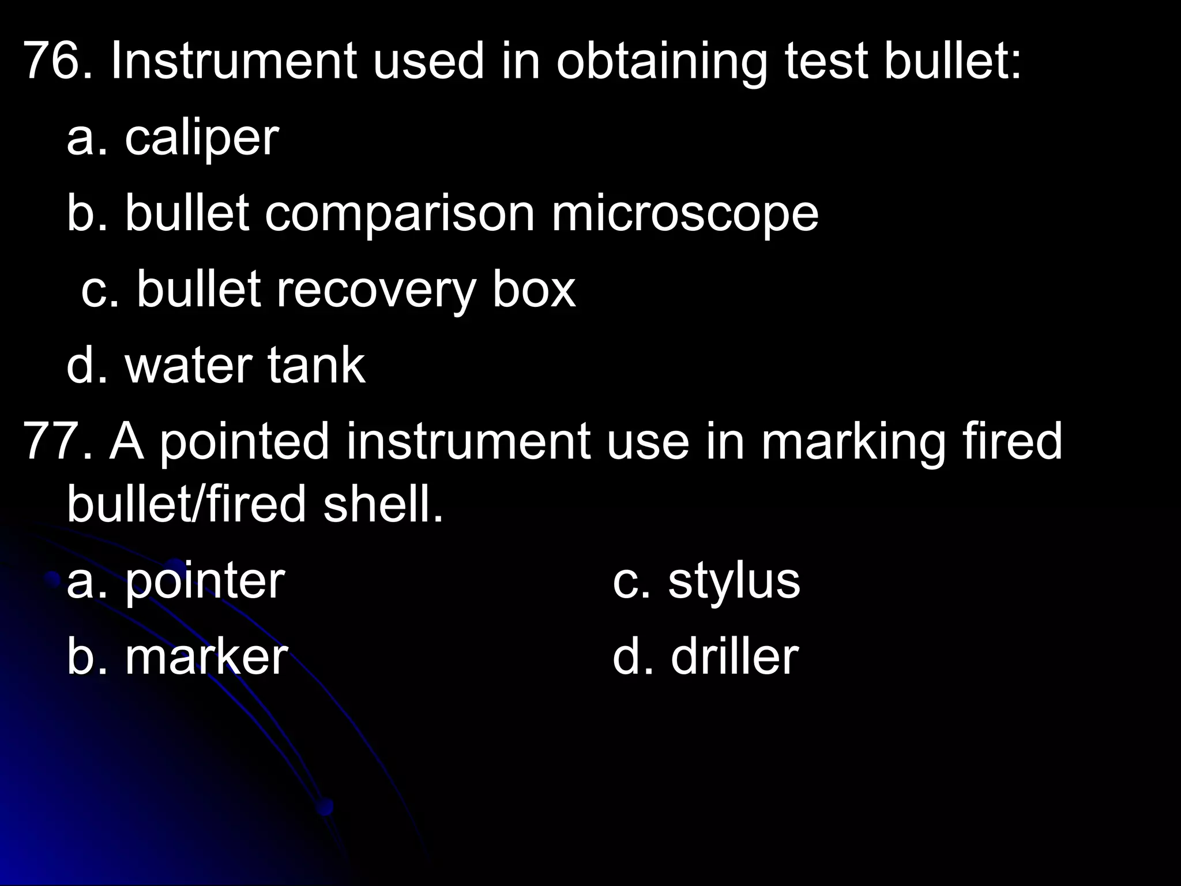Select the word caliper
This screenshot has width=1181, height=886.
[202, 138]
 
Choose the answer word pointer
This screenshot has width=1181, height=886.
[205, 581]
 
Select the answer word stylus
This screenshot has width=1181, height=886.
[734, 581]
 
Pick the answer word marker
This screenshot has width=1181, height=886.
[206, 657]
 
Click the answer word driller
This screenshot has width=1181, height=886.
[734, 657]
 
